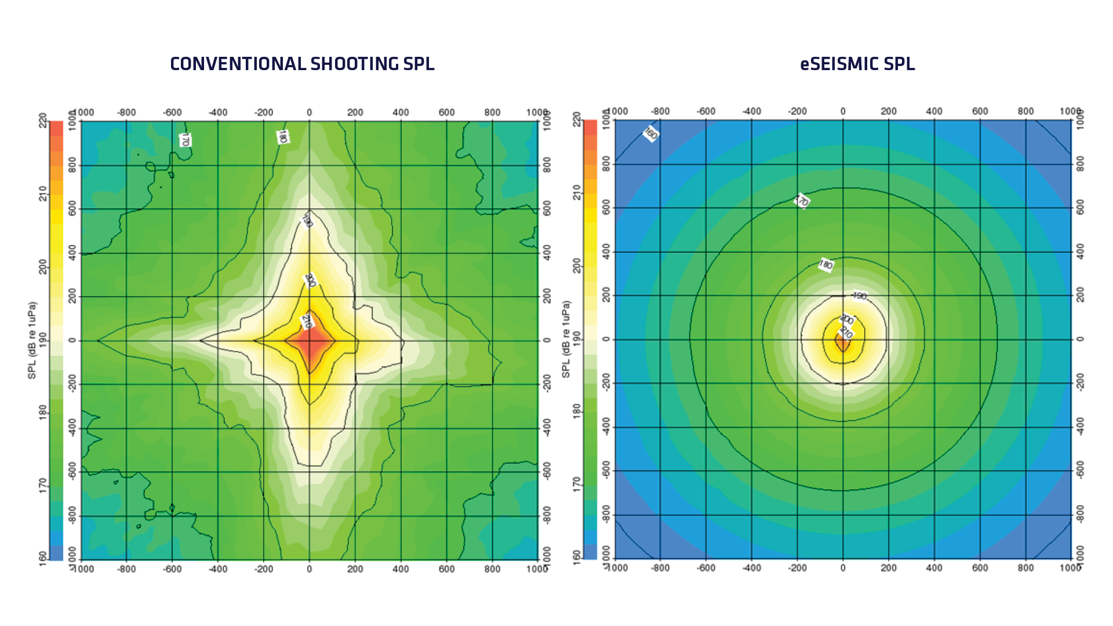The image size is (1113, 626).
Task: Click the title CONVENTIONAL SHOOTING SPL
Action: point(302,64)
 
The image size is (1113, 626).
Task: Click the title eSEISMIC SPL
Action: point(857,64)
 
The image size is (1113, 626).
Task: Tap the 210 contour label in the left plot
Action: point(307,321)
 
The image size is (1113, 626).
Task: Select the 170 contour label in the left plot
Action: point(185,140)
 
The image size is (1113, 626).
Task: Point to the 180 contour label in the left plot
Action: point(282,137)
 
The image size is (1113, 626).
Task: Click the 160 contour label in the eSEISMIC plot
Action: point(651,134)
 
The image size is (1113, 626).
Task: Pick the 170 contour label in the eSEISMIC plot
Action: point(802,201)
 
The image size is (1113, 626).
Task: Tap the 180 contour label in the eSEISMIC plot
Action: point(826,265)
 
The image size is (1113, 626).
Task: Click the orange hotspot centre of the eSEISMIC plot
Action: point(842,342)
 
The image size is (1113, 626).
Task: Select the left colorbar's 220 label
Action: point(43,121)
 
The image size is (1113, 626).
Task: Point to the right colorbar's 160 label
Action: point(576,557)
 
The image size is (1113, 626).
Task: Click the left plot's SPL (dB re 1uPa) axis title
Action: point(32,340)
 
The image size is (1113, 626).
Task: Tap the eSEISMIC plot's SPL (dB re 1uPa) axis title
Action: point(566,339)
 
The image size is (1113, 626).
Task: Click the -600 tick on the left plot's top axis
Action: point(172,112)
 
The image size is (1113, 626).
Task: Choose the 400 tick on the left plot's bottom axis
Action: point(401,569)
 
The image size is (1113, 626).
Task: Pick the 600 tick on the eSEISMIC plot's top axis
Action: point(980,111)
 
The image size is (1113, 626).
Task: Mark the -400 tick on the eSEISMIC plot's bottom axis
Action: point(752,568)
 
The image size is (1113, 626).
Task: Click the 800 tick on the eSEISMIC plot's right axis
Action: point(1080,163)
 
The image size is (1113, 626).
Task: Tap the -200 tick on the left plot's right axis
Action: point(547,383)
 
